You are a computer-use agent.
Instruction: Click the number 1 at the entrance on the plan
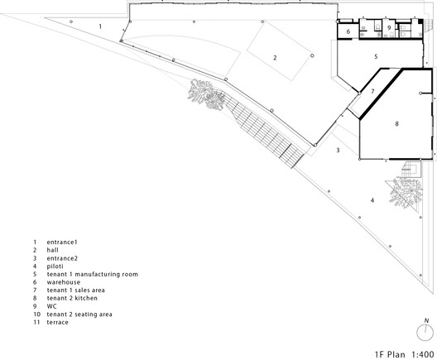[x=100, y=26]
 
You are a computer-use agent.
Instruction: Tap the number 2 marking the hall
[x=275, y=57]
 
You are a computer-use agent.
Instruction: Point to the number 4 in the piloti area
[x=372, y=200]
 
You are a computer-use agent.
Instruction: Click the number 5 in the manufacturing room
[x=375, y=56]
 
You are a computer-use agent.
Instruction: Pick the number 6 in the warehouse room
[x=348, y=31]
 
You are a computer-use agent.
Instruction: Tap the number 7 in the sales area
[x=372, y=91]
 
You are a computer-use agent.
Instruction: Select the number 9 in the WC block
[x=388, y=27]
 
